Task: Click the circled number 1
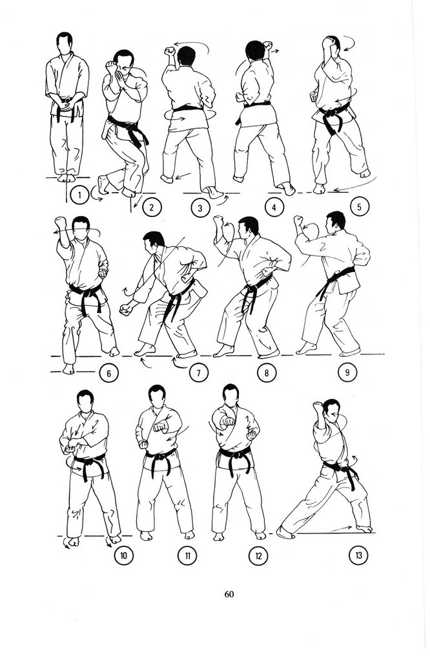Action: pos(79,195)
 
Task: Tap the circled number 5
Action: pos(359,207)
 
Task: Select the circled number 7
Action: pos(199,372)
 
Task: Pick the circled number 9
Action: pos(347,372)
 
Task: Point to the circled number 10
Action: pos(123,555)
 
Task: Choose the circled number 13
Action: pos(358,555)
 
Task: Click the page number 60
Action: pos(229,594)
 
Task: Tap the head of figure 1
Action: pos(65,43)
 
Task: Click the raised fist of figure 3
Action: pos(170,52)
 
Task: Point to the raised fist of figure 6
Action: pos(61,222)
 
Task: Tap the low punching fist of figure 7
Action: pos(125,310)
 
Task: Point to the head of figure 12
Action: pos(230,395)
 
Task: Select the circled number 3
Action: pos(200,208)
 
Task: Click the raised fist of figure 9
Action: pos(298,220)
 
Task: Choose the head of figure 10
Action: pos(86,401)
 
